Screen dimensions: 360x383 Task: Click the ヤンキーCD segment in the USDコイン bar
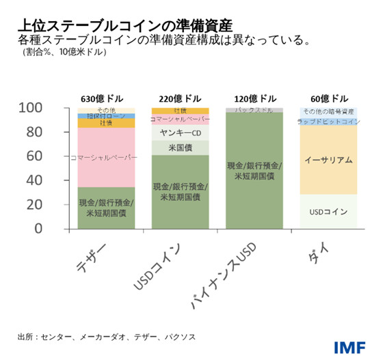[181, 133]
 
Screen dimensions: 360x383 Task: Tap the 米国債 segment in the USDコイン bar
[181, 148]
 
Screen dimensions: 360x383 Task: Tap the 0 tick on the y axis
[57, 229]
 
